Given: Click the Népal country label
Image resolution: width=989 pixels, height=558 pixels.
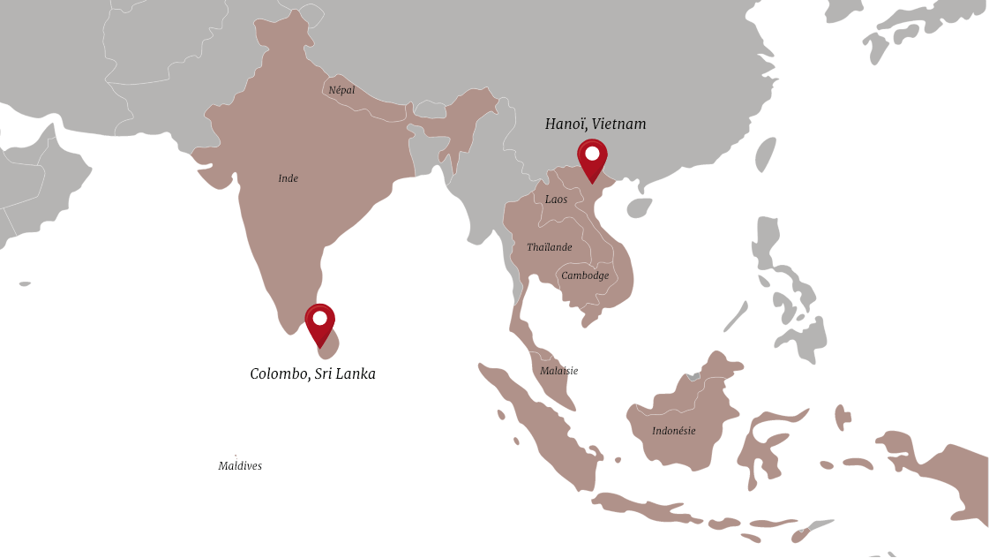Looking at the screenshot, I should point(341,90).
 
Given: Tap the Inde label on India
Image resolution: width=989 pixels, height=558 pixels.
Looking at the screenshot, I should point(288,178).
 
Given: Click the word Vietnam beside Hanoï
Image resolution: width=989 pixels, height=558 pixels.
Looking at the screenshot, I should point(619,124).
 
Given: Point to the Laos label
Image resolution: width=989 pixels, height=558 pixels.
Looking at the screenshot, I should point(556,200).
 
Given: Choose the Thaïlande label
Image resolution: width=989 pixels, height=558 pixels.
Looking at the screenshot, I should point(549,247).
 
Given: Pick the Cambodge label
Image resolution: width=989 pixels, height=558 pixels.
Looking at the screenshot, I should point(585,275).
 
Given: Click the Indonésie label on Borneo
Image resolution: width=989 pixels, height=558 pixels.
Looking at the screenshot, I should point(673,431).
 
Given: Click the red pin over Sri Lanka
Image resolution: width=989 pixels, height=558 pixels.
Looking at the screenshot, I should point(319,324).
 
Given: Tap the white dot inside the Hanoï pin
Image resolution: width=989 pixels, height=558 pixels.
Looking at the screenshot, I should point(592,154).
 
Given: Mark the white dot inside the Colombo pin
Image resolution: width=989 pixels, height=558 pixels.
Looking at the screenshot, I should point(319,317).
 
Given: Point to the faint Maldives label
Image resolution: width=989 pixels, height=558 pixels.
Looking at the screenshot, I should point(240,466).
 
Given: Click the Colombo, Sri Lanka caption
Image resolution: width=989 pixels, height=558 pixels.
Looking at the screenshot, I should point(313,374).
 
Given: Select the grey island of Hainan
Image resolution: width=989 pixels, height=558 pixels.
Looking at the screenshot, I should point(639,207).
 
